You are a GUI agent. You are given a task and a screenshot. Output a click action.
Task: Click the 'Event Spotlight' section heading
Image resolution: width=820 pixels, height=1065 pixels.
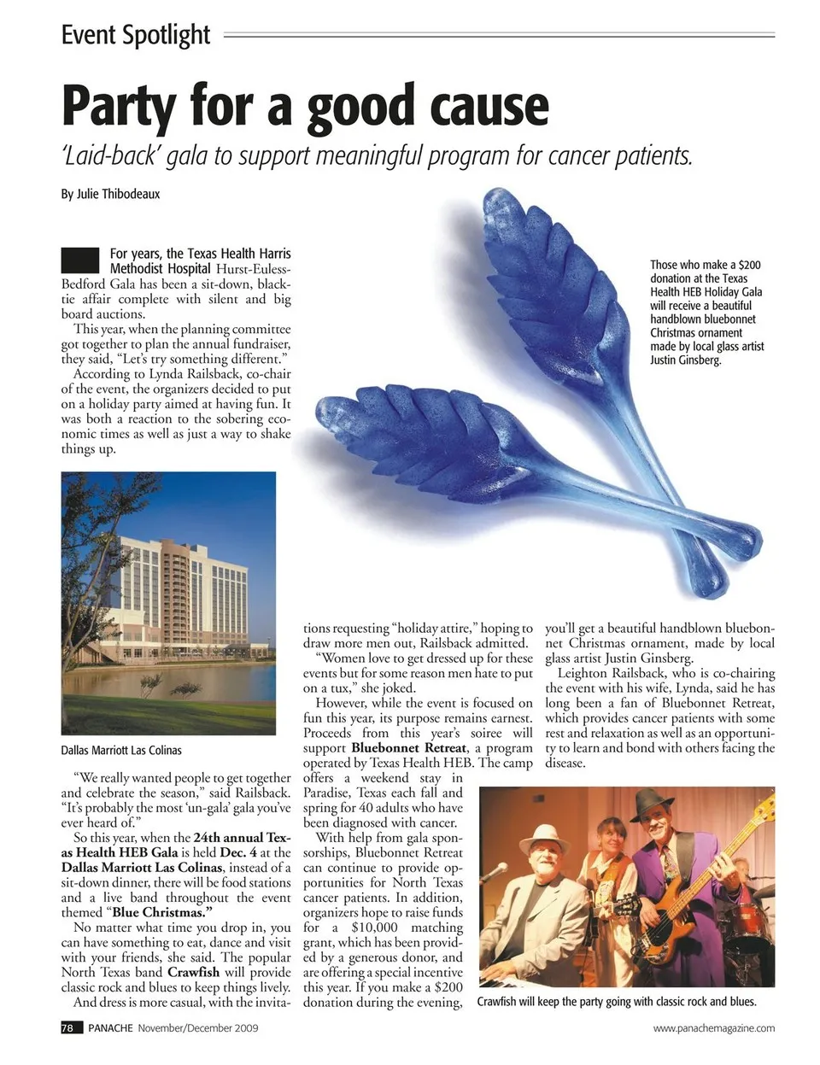[135, 35]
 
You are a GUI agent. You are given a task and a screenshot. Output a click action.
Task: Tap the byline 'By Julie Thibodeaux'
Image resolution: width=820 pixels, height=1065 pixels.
[110, 194]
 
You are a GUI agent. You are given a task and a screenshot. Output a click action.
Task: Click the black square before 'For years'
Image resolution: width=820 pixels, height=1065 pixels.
[80, 260]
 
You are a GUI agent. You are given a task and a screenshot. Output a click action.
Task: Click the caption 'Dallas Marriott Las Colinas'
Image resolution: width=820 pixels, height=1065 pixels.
[121, 750]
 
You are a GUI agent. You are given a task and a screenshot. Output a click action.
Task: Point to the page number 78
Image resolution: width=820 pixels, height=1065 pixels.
[67, 1027]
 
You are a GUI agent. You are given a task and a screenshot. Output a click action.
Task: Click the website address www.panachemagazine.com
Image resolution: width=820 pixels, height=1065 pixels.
[714, 1028]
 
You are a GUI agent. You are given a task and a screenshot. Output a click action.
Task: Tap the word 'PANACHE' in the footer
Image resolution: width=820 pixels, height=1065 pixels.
[110, 1027]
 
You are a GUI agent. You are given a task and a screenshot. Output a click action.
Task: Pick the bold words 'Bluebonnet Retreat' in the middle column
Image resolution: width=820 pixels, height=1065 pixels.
[409, 748]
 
